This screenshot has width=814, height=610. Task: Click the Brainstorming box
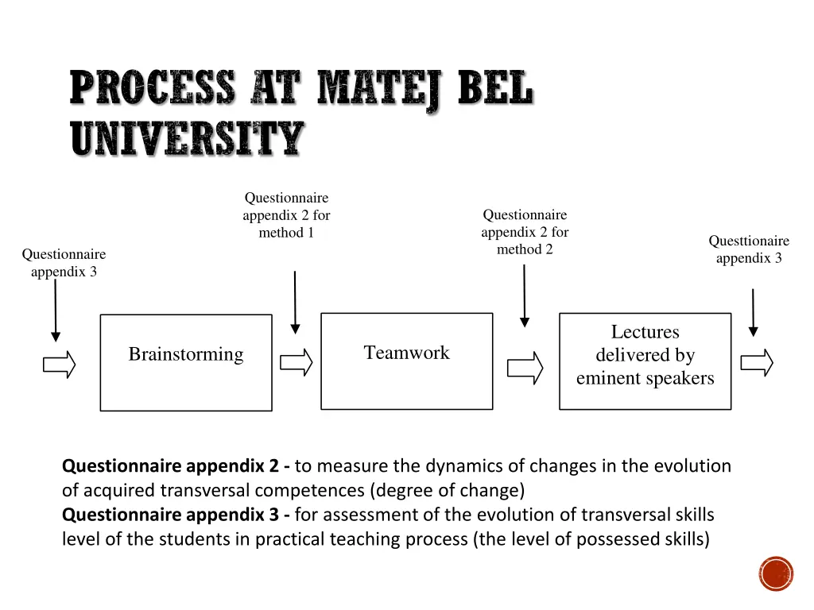185,362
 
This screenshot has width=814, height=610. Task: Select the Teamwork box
406,361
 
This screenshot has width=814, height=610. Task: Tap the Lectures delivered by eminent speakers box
645,361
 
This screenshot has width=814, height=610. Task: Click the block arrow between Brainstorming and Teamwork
297,363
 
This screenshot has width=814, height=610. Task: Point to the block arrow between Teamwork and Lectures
525,368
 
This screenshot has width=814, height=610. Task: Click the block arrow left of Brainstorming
59,365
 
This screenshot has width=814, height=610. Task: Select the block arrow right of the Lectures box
756,363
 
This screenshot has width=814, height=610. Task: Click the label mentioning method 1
286,215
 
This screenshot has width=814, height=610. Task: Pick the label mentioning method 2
525,232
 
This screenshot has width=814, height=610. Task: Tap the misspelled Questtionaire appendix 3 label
749,249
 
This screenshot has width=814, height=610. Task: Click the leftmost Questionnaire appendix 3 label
64,263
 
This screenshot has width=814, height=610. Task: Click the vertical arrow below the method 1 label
295,302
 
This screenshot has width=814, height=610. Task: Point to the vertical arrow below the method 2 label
524,295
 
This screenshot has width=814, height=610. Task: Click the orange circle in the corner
776,573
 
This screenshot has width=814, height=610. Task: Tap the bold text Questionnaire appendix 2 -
176,466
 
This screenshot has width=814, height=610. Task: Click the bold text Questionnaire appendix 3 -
176,515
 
